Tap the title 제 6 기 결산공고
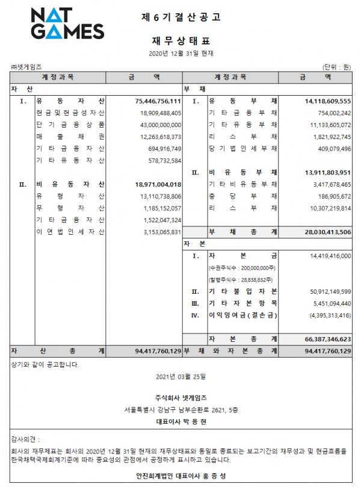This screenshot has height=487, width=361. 180,17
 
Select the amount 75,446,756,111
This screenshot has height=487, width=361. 154,101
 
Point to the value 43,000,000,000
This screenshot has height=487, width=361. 156,125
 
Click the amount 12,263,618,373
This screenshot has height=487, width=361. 156,137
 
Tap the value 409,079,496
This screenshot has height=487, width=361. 329,148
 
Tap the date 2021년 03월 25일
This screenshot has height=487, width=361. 180,377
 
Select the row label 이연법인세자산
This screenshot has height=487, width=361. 70,232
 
